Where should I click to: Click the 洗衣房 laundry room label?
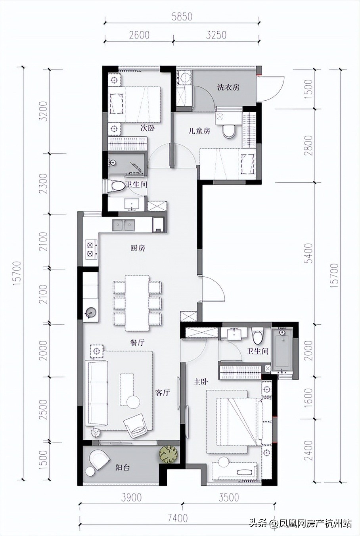(x=228, y=88)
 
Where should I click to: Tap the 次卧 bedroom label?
(x=147, y=128)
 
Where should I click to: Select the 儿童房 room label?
(x=199, y=131)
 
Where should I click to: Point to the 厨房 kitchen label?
(x=138, y=249)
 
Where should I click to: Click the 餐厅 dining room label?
(x=137, y=343)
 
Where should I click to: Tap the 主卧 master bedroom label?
(x=201, y=382)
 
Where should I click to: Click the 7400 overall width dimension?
(x=177, y=518)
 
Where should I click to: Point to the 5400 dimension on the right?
(x=309, y=253)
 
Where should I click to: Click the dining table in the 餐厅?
(x=138, y=303)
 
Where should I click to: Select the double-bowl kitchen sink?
(x=124, y=225)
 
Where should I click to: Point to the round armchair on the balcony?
(x=99, y=459)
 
